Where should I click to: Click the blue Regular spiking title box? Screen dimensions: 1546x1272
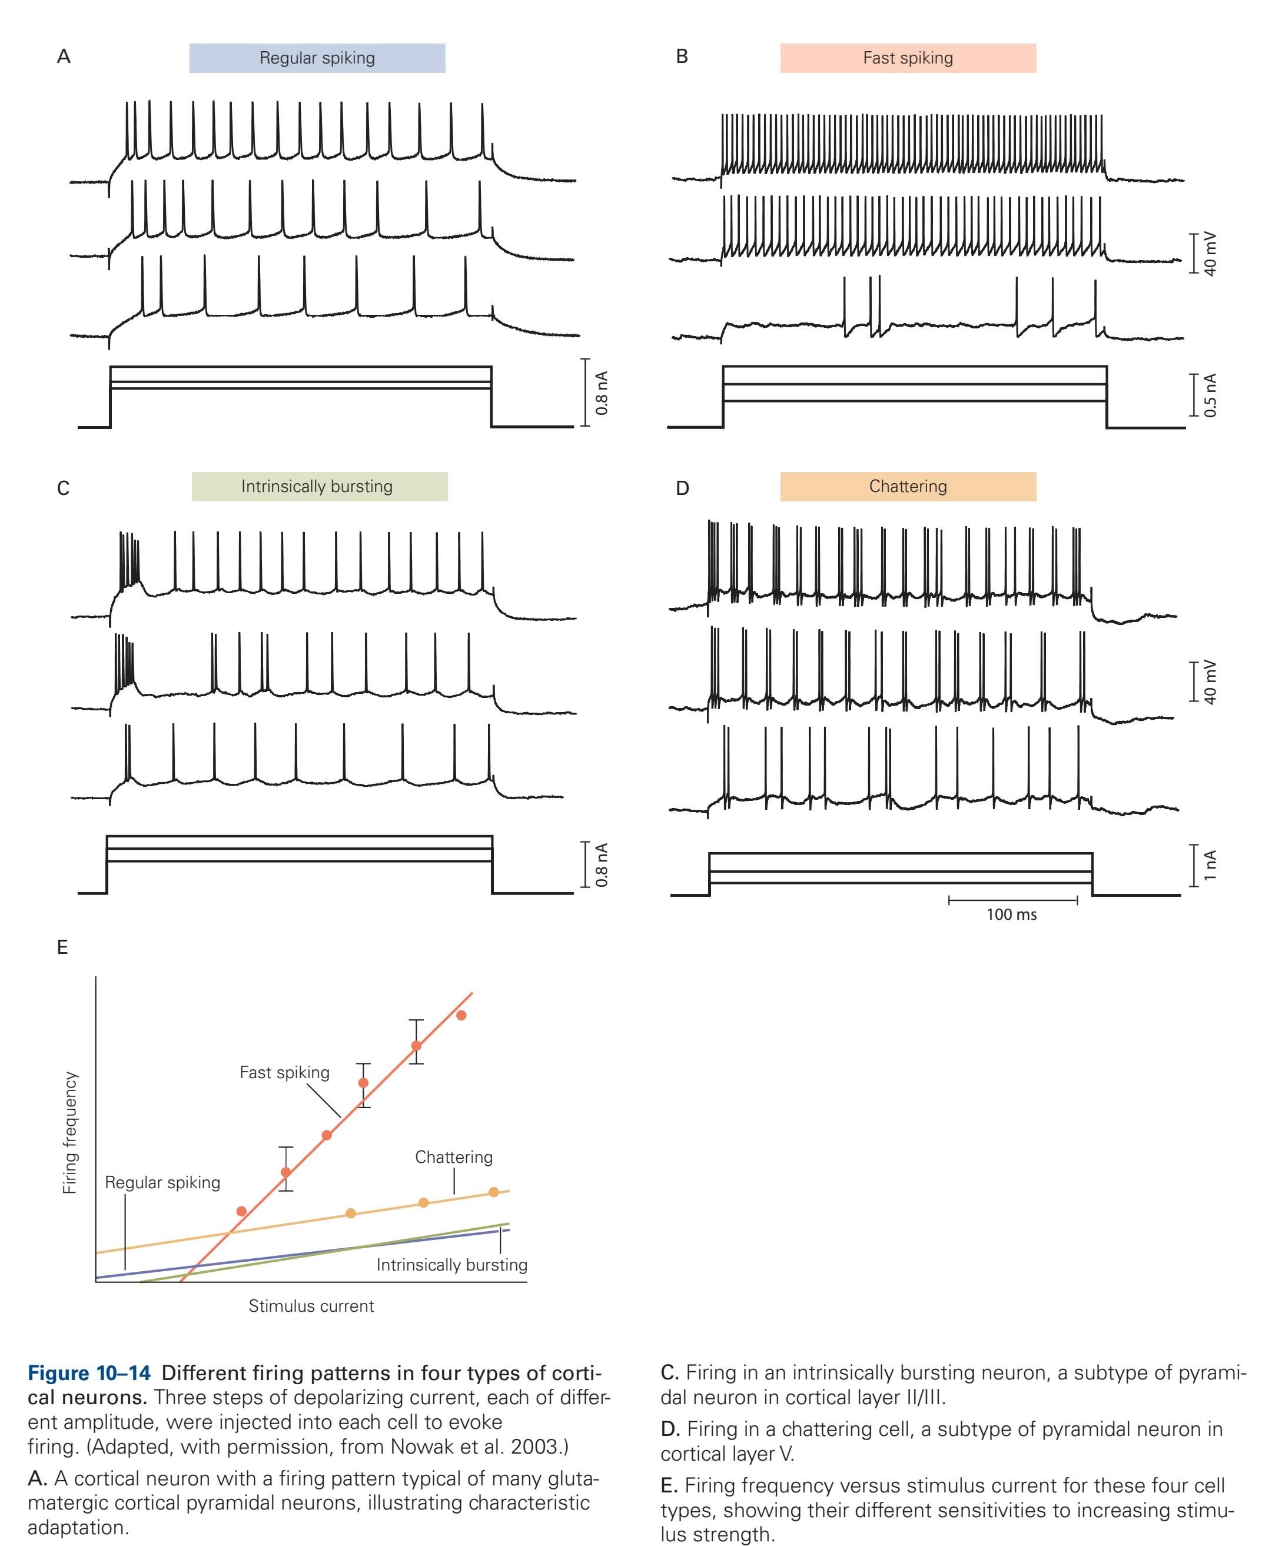click(x=317, y=58)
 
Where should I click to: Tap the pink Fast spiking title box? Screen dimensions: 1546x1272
click(x=907, y=58)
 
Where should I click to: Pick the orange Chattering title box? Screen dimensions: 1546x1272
click(x=907, y=487)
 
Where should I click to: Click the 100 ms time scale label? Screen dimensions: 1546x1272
click(x=1011, y=915)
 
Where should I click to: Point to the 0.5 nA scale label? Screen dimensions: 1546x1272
click(x=1210, y=395)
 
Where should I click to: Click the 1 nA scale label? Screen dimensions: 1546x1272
click(x=1210, y=865)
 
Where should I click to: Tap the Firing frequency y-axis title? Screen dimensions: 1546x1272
click(x=69, y=1133)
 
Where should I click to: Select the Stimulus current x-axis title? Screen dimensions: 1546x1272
click(x=311, y=1306)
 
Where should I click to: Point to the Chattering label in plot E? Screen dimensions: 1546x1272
click(x=454, y=1157)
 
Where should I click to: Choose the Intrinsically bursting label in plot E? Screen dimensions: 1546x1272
click(x=451, y=1265)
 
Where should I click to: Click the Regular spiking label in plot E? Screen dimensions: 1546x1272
click(x=162, y=1182)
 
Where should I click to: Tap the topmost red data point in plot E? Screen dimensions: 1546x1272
click(x=461, y=1015)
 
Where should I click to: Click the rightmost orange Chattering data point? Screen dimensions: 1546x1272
click(x=494, y=1192)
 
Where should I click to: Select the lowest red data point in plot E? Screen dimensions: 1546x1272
click(x=241, y=1211)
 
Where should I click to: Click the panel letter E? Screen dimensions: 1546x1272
click(x=62, y=947)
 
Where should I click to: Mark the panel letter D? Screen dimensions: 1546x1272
click(x=682, y=488)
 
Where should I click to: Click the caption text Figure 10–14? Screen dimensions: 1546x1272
click(x=89, y=1373)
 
